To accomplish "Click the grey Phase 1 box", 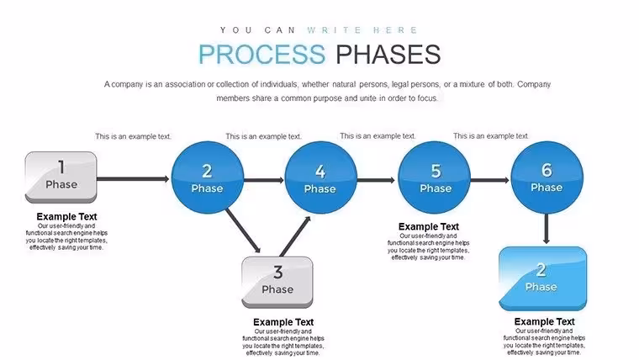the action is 61,177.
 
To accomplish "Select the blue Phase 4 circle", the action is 320,177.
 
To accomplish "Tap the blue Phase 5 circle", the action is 434,177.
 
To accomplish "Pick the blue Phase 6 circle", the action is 547,177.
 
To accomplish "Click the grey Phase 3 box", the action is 277,282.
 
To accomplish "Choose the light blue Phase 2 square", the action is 543,279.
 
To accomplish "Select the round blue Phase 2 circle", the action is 208,177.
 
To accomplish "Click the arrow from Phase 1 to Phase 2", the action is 133,178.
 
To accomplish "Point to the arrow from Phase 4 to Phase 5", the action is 376,180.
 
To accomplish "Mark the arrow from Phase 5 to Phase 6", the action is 490,180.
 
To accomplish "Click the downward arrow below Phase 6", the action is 547,229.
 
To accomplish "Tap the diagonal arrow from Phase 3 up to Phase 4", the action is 295,236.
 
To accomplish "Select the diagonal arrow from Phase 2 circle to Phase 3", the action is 243,231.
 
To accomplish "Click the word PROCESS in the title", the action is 262,54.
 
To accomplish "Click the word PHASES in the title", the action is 388,54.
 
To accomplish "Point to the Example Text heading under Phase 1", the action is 66,216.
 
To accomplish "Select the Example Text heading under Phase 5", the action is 429,226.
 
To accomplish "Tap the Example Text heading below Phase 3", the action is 283,322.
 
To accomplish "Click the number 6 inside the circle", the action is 547,170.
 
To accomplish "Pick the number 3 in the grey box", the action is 278,273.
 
